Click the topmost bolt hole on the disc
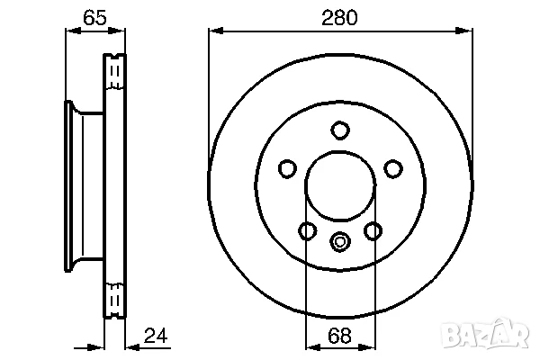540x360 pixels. (339, 130)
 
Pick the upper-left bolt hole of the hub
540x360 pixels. (287, 168)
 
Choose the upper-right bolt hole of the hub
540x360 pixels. (392, 168)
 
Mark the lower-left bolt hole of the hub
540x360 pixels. (307, 231)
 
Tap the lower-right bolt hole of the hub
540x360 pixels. (373, 231)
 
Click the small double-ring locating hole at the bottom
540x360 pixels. (339, 240)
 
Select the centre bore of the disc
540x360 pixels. (339, 187)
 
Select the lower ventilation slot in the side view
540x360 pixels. (114, 298)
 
